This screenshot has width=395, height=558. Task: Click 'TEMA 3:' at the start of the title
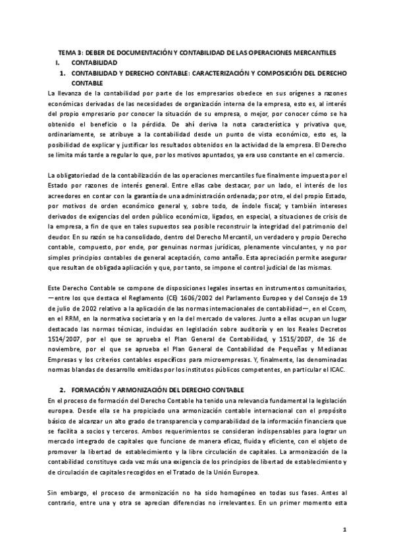pyautogui.click(x=70, y=52)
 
